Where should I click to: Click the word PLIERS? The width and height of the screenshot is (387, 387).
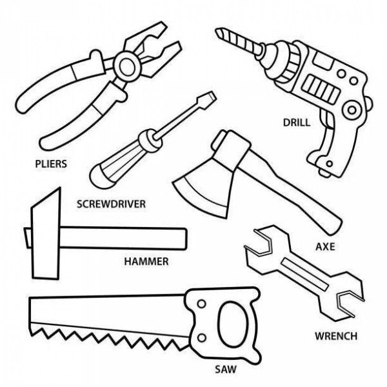coord(51,164)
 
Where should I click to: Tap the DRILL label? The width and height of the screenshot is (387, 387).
coord(297,123)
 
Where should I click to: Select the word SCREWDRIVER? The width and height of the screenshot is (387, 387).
coord(112,204)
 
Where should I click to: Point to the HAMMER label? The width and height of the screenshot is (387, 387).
coord(146,261)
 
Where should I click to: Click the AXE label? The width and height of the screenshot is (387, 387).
coord(325,246)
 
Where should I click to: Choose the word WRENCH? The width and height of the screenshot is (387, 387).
coord(336,336)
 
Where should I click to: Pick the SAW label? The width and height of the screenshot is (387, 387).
coord(226,370)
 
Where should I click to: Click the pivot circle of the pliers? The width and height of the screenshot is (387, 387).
coord(127,66)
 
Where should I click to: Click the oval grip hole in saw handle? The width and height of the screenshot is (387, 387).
coord(233,324)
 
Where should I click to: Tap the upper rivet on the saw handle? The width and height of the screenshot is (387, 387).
coord(202,304)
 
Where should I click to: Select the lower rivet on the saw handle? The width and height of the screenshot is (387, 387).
coord(202,337)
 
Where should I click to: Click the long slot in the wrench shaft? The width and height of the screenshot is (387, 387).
coord(305,273)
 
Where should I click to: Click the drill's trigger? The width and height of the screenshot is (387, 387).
coord(326,119)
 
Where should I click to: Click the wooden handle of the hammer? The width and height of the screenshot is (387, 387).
coord(123,238)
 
